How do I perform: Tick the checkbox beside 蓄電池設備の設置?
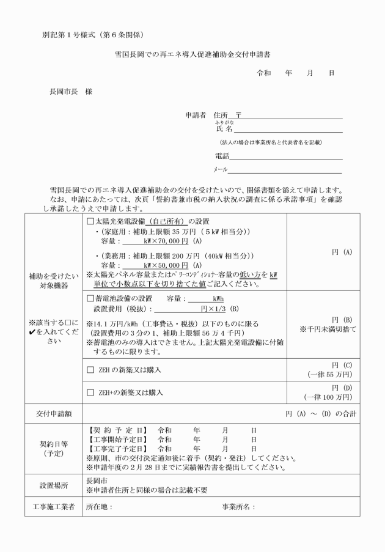coord(90,299)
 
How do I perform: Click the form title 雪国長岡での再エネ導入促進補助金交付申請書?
coord(193,54)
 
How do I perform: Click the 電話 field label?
coord(222,156)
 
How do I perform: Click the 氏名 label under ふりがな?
coord(224,128)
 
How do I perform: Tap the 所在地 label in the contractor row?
coord(99,506)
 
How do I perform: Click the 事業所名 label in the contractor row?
coord(238,506)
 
